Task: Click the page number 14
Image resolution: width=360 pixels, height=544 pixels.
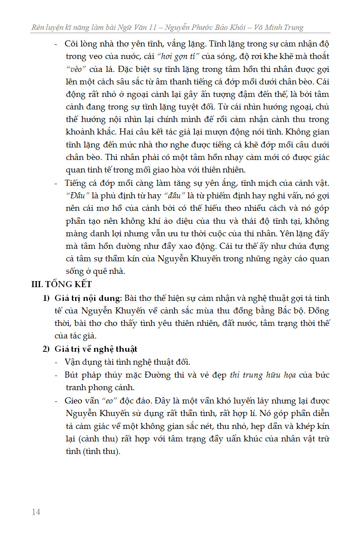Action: click(36, 512)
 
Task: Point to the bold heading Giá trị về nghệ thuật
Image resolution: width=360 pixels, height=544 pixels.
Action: click(96, 349)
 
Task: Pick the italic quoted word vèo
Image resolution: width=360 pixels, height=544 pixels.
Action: click(77, 69)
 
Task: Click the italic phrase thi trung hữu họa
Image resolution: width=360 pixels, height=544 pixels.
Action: click(263, 375)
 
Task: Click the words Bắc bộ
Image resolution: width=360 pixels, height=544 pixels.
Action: click(281, 311)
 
